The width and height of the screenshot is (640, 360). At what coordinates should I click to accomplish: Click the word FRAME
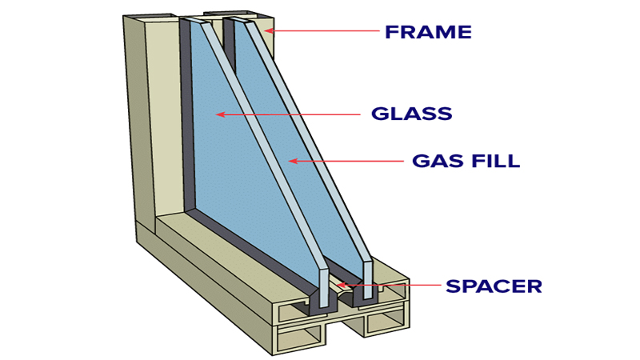[428, 33]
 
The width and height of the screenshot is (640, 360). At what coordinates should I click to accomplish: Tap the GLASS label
[412, 114]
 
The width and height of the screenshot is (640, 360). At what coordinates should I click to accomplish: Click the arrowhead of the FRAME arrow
[269, 31]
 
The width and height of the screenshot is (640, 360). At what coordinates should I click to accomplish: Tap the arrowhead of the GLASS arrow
[218, 114]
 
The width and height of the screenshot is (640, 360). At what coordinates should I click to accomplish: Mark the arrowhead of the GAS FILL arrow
[293, 161]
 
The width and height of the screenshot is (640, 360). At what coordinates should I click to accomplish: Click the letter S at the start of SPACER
[453, 286]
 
